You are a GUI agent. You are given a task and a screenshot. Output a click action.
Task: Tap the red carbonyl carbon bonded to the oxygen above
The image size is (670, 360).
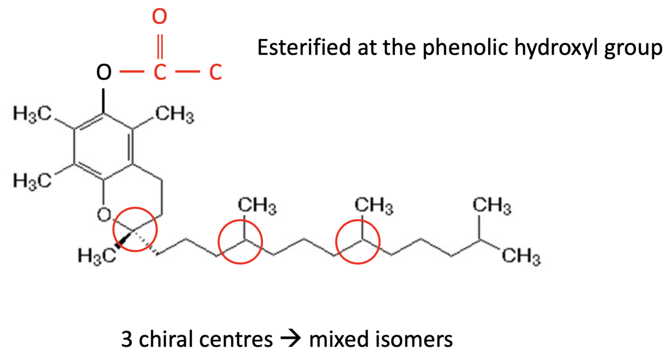click(x=159, y=73)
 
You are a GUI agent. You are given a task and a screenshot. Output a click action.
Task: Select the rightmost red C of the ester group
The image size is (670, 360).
click(x=215, y=73)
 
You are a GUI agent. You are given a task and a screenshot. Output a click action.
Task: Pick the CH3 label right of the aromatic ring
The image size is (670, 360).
click(x=174, y=118)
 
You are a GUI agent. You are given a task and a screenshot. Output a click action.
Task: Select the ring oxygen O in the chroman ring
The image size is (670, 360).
click(x=103, y=215)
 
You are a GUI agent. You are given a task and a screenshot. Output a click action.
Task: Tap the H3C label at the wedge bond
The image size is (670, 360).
click(x=94, y=256)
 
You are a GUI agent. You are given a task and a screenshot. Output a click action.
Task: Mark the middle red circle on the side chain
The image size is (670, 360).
click(x=241, y=242)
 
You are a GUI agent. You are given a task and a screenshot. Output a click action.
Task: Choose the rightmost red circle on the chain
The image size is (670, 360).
click(x=358, y=242)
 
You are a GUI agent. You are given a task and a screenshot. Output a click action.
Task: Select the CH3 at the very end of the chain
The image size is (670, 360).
click(x=522, y=259)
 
